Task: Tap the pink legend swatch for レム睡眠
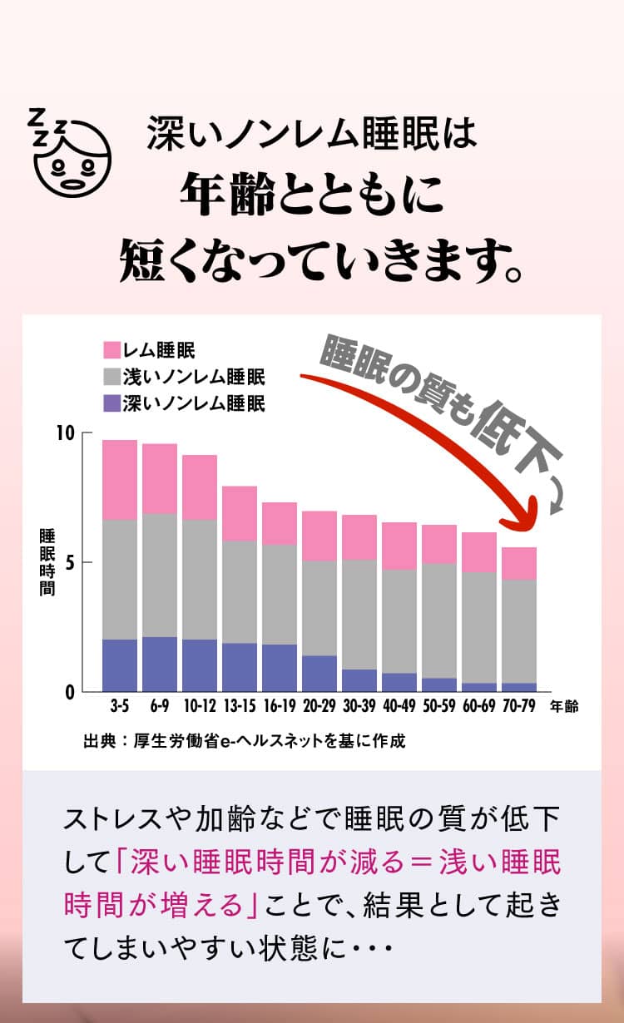111,349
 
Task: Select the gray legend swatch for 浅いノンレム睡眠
111,377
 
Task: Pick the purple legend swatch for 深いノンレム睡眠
111,404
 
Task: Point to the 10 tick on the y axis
66,433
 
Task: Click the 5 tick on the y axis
70,562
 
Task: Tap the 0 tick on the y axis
70,691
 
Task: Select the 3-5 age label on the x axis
120,706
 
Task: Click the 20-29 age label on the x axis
319,706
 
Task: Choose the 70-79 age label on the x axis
519,706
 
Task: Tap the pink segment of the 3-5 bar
120,480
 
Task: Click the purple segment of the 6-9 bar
160,664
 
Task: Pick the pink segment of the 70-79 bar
519,563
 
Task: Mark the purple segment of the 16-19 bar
280,667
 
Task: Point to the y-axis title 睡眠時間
47,562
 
